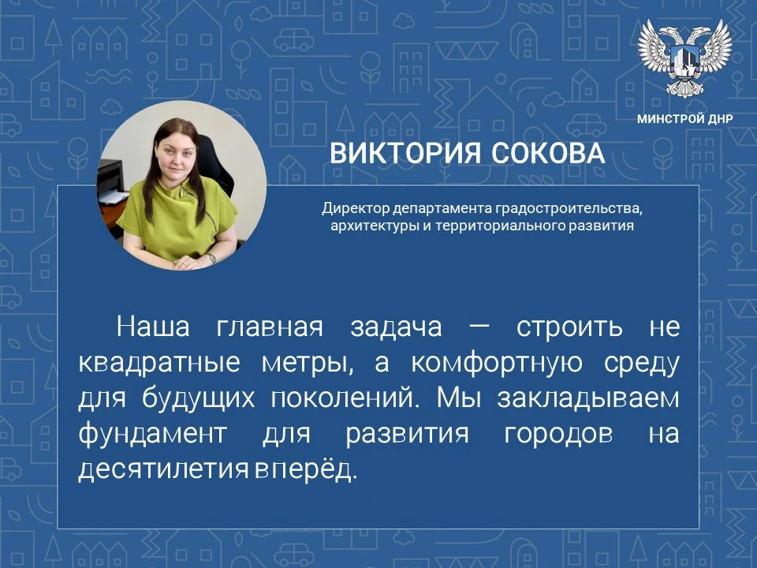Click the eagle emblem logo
(x=684, y=58)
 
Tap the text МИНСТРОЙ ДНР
(x=684, y=119)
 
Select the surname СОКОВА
(x=548, y=153)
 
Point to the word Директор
(x=356, y=208)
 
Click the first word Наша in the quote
(x=153, y=327)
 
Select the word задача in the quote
(x=397, y=327)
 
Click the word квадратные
(x=159, y=363)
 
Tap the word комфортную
(x=497, y=363)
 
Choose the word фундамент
(x=152, y=433)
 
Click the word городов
(x=558, y=434)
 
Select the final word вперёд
(x=306, y=469)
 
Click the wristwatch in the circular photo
(x=211, y=258)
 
